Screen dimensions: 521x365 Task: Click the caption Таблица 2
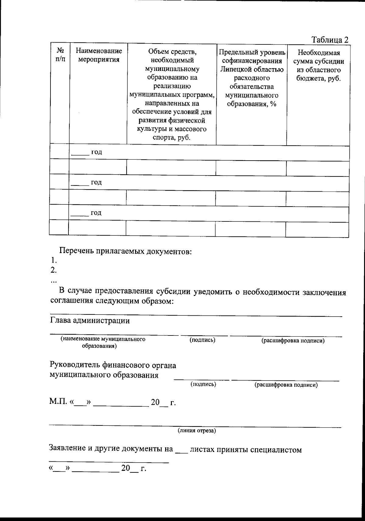click(330, 40)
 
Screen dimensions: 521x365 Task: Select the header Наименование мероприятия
click(99, 55)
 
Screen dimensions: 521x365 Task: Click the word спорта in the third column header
click(162, 137)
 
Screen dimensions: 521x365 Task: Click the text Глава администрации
click(90, 321)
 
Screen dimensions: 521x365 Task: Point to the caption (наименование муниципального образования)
click(103, 342)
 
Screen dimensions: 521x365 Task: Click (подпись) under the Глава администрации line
click(202, 340)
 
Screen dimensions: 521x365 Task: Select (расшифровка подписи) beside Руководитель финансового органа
click(286, 385)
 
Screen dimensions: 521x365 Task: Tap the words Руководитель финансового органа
click(113, 365)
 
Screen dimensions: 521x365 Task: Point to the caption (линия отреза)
click(197, 431)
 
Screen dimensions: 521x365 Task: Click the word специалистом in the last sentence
click(276, 450)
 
